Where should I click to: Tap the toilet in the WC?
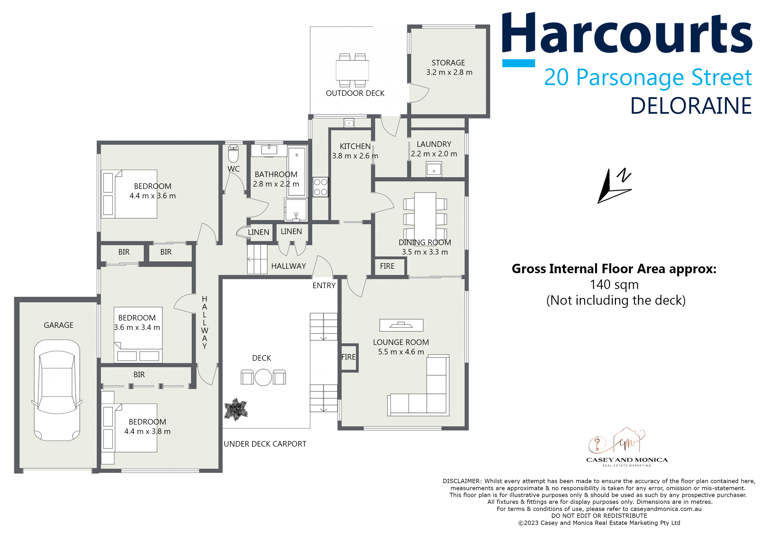click(233, 154)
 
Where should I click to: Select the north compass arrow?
click(614, 185)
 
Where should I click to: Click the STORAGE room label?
click(448, 63)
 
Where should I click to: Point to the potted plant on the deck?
click(236, 409)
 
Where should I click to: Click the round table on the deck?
click(263, 377)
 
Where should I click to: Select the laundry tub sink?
click(434, 169)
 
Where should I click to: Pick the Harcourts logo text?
click(627, 33)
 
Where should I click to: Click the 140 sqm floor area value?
click(614, 284)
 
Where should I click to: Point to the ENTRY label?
click(324, 286)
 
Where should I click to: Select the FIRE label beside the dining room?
click(387, 266)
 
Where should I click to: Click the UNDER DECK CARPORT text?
click(265, 444)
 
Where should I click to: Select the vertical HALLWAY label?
click(204, 322)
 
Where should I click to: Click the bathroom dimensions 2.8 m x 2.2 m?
click(276, 184)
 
